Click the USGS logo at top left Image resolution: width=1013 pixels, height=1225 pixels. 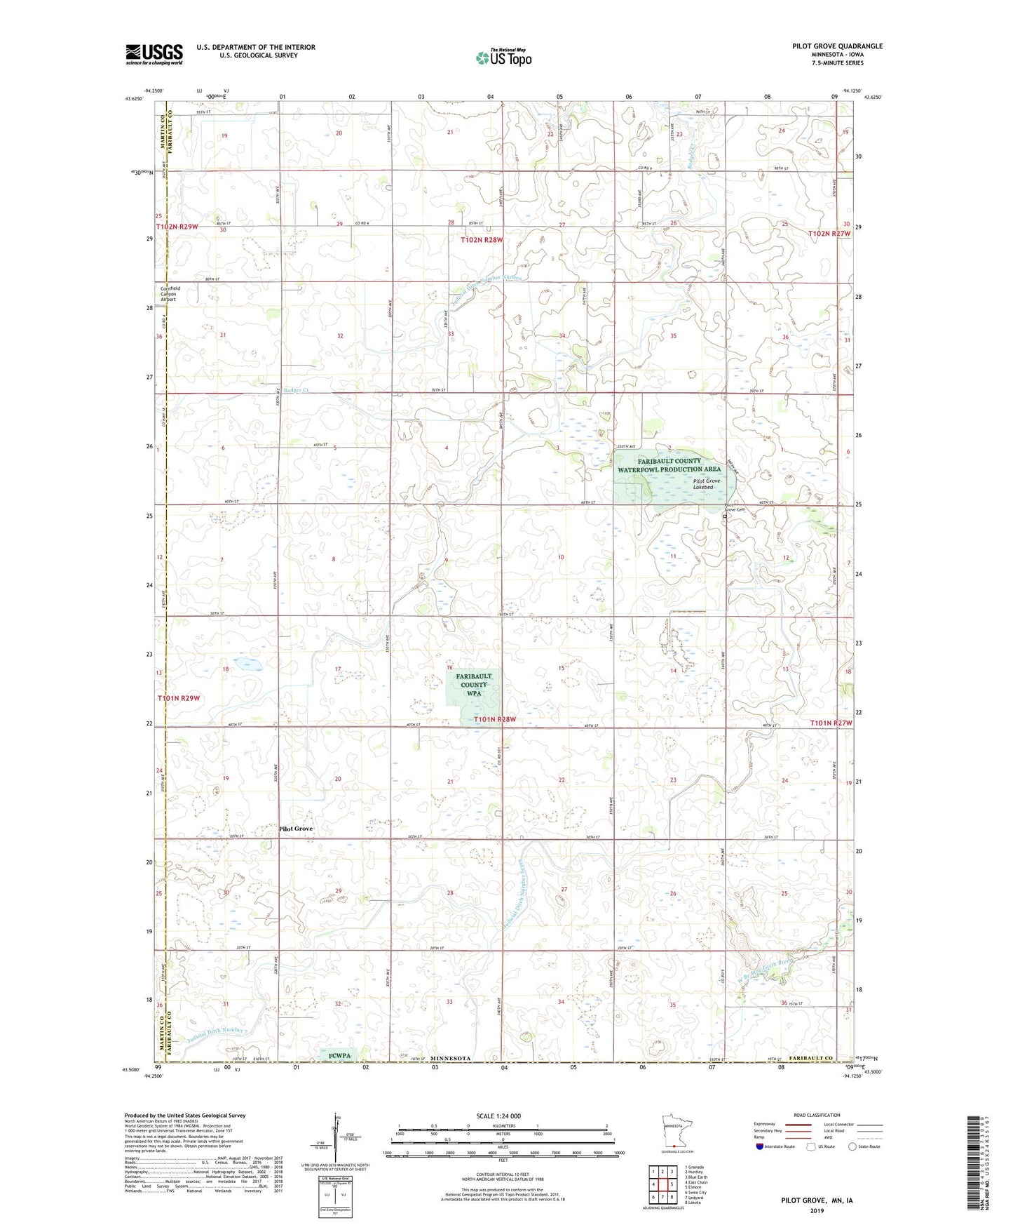pyautogui.click(x=154, y=54)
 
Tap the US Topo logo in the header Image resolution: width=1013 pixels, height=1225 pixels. pyautogui.click(x=503, y=58)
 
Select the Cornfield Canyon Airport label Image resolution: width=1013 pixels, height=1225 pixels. pyautogui.click(x=168, y=294)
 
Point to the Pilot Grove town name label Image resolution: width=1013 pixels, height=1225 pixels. pyautogui.click(x=296, y=829)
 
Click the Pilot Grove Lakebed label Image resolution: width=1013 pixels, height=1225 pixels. pyautogui.click(x=706, y=483)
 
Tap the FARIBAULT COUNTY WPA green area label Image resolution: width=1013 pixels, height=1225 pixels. pyautogui.click(x=474, y=684)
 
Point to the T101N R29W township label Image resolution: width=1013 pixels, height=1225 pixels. pyautogui.click(x=178, y=698)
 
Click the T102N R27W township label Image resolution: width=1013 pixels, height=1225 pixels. pyautogui.click(x=830, y=233)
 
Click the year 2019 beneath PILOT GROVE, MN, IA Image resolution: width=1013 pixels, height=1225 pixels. pyautogui.click(x=817, y=1210)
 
